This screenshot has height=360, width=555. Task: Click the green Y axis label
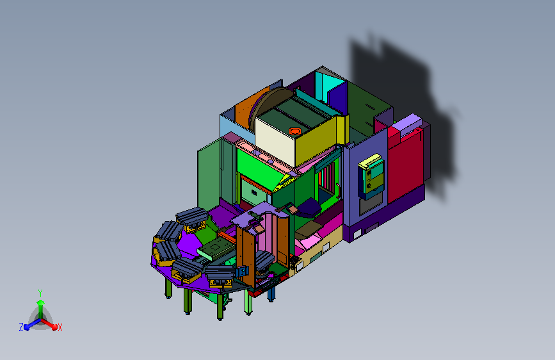[x=40, y=293]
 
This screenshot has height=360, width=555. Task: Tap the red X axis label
[x=60, y=328]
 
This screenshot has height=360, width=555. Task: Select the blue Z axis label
[x=21, y=327]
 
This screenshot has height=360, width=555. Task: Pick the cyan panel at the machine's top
[x=329, y=86]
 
